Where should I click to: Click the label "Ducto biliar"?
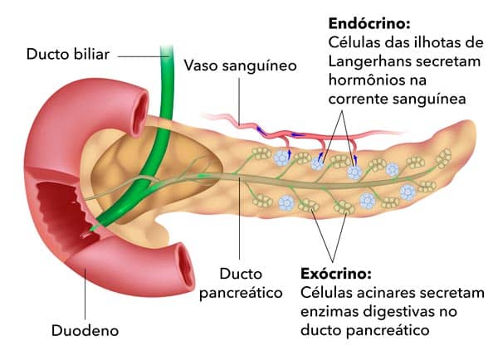tap(67, 56)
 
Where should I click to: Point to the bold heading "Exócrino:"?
tap(334, 273)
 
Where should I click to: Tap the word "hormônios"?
tap(366, 80)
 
